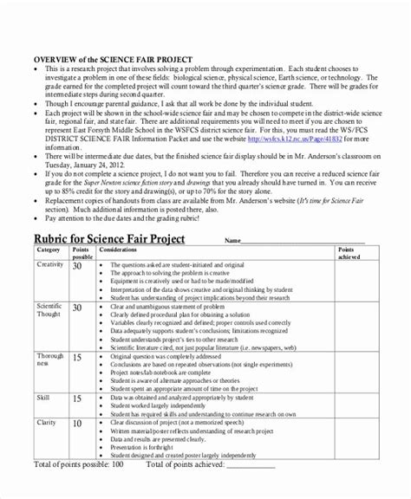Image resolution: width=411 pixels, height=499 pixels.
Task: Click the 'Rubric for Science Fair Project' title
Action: click(x=112, y=239)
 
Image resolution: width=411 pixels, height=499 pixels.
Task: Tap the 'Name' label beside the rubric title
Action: click(x=232, y=241)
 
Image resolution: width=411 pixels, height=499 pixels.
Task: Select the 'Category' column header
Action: click(x=49, y=250)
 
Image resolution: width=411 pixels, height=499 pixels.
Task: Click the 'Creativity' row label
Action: click(x=51, y=263)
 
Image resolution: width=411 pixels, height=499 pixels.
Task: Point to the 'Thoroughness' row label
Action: click(x=51, y=360)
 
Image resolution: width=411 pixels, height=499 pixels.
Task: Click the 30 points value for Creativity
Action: click(x=77, y=266)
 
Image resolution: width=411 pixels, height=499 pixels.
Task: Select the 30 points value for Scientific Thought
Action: click(x=77, y=308)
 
